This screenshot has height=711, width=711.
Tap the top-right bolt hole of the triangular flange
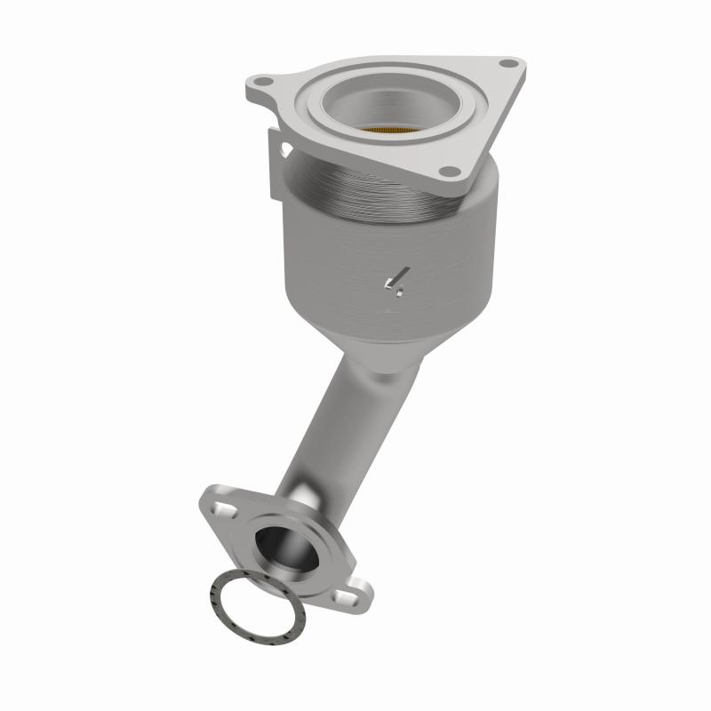507,64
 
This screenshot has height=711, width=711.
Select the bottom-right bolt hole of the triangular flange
450,171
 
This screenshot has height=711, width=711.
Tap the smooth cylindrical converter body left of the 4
329,267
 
